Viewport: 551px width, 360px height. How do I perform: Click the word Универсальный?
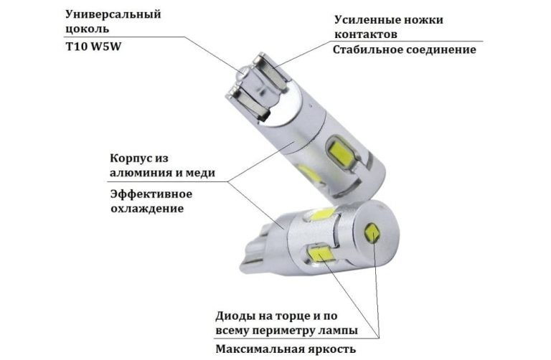tap(113, 15)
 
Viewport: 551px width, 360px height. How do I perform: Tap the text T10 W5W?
tap(93, 47)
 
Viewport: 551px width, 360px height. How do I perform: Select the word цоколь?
tap(87, 29)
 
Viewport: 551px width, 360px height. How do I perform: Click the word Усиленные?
tap(366, 19)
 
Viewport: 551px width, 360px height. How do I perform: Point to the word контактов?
tap(366, 34)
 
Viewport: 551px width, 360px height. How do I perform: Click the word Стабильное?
tap(367, 49)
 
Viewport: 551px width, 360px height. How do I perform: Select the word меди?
tap(199, 173)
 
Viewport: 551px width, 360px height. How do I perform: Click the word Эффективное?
tap(151, 194)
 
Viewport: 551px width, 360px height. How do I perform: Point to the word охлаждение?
tap(147, 209)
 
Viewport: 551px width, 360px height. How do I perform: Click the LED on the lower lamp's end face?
tap(372, 233)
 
